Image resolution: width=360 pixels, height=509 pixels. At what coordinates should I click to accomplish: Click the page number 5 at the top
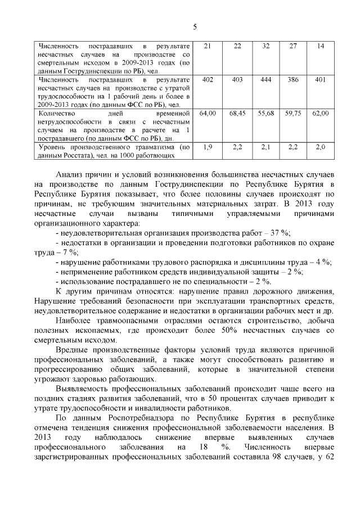coord(195,27)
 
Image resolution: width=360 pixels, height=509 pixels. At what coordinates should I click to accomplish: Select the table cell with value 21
coord(208,46)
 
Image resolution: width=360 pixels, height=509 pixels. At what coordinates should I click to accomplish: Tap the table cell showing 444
coord(266,80)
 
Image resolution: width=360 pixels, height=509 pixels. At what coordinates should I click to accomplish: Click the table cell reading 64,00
coord(208,114)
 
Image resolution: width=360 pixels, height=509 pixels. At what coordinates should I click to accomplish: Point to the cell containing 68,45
coord(238,114)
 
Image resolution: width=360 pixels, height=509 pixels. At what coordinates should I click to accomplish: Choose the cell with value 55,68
coord(266,114)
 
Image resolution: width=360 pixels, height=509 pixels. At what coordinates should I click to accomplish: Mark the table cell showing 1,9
coord(208,147)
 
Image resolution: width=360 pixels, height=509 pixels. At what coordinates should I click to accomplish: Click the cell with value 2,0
coord(321,147)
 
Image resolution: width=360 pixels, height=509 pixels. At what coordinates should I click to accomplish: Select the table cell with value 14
coord(321,46)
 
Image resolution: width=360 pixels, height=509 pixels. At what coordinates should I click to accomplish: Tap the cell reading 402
coord(208,80)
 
